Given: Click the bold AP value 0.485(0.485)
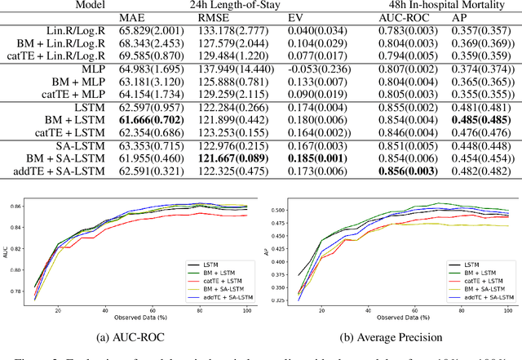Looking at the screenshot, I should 476,120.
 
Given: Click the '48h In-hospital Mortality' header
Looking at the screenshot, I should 436,4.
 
